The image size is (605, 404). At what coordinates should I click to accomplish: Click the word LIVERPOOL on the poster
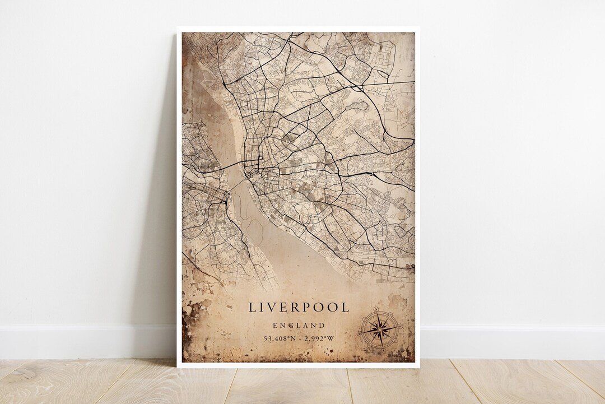tap(299, 308)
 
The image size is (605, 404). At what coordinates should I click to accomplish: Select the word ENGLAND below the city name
tap(299, 325)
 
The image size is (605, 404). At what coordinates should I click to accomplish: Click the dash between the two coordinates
tap(301, 338)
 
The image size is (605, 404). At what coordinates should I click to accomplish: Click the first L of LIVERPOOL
tap(253, 308)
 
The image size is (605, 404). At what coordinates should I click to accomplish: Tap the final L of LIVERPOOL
tap(345, 308)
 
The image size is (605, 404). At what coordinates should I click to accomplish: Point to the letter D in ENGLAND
tap(322, 325)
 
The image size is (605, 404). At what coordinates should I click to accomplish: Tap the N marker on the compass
tap(380, 313)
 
